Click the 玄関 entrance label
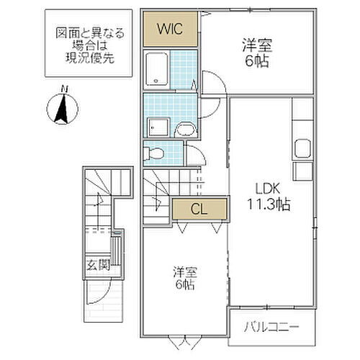pos(99,266)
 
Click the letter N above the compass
pos(63,89)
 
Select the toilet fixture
pos(153,153)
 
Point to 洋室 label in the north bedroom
pos(257,45)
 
